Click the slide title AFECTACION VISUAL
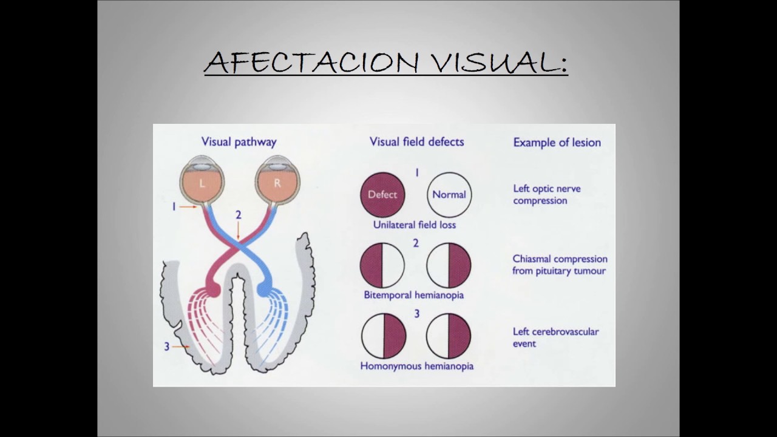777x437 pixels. (385, 62)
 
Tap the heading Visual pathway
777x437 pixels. (239, 142)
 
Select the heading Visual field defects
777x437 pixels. (416, 142)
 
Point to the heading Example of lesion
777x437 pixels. (557, 143)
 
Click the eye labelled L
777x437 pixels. (202, 182)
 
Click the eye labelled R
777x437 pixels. (277, 182)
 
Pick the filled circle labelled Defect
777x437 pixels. (382, 195)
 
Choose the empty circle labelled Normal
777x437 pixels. (449, 195)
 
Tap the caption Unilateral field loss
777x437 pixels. (415, 225)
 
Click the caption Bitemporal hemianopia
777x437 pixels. (413, 295)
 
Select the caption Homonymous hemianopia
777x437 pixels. (416, 366)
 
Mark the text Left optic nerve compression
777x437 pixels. (546, 194)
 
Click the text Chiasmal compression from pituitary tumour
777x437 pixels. (559, 265)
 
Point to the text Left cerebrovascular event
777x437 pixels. (555, 337)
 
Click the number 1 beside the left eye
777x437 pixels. (174, 207)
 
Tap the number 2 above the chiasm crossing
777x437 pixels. (239, 215)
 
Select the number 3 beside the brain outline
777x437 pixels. (166, 347)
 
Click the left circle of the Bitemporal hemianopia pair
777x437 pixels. (382, 265)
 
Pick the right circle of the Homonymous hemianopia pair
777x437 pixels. (449, 336)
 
